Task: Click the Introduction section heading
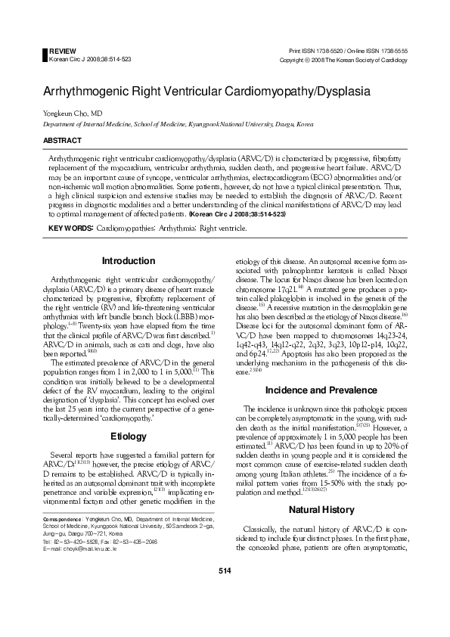129,261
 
